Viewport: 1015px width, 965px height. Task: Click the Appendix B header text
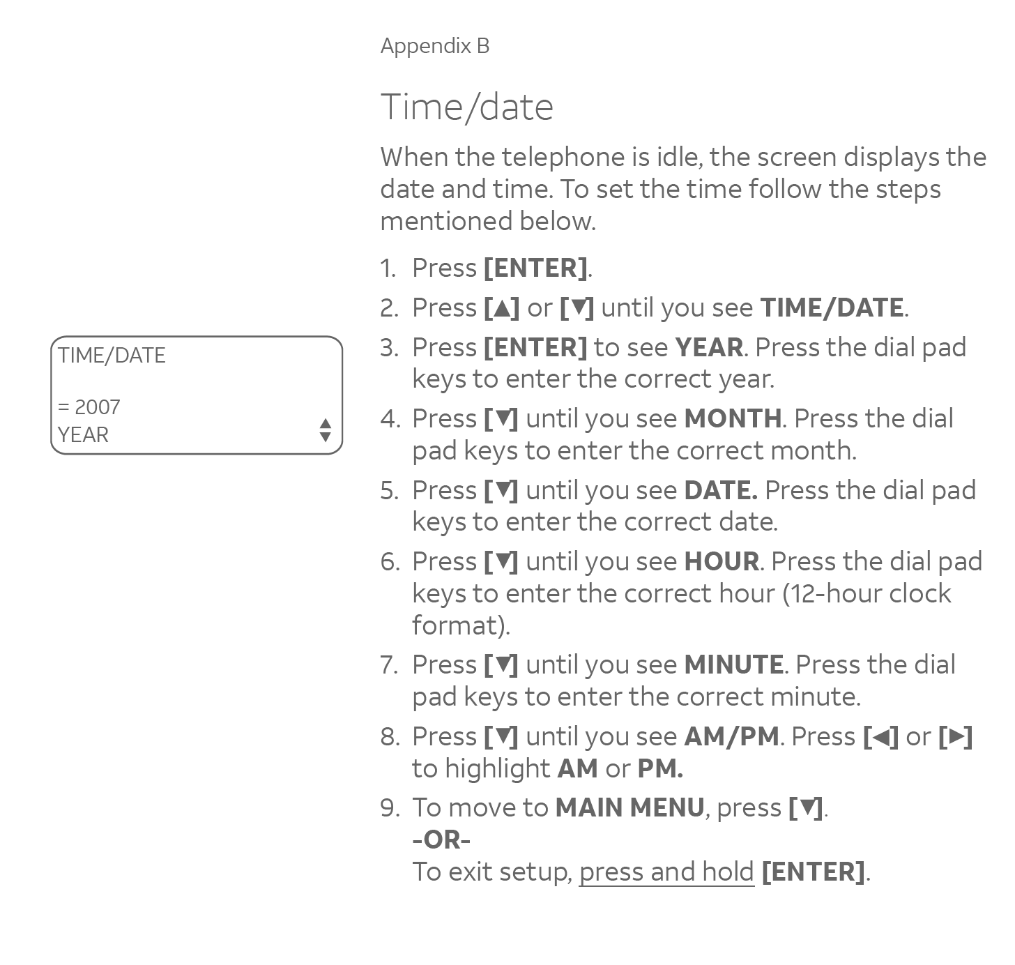pos(435,46)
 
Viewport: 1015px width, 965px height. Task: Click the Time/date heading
pos(466,107)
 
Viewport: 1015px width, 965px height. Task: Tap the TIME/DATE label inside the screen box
pos(112,356)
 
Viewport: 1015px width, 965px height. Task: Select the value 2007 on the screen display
pos(97,407)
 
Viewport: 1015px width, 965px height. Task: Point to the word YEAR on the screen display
pos(83,435)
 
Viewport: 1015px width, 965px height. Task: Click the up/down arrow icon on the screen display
pos(325,430)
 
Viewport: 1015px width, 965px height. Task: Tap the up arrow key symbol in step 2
pos(501,307)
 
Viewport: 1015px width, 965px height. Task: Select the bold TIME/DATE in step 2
pos(832,307)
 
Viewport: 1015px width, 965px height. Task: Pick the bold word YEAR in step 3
pos(709,347)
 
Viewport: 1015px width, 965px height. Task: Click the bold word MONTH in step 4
pos(733,418)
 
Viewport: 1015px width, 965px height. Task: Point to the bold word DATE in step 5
pos(719,490)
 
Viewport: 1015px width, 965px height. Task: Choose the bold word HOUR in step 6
pos(722,561)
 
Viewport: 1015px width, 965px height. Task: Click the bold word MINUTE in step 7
pos(733,664)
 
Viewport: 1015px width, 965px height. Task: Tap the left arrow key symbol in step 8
pos(881,736)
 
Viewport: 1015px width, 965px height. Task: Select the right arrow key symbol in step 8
pos(956,736)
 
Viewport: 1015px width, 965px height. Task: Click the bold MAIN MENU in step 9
pos(629,807)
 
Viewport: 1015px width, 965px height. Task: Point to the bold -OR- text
pos(441,839)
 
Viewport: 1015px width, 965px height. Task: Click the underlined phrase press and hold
pos(666,872)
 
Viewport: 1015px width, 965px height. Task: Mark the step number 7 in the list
pos(388,664)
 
